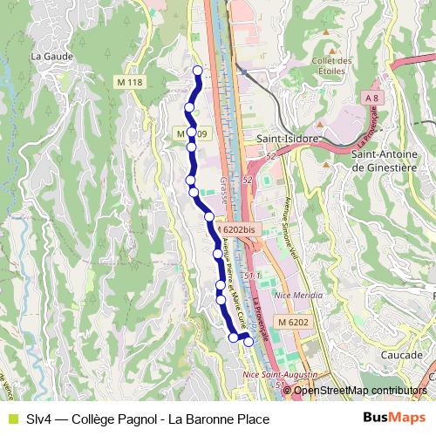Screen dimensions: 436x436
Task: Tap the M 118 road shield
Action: [128, 82]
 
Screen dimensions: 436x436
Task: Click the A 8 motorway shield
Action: [373, 99]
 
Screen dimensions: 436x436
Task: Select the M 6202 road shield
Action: [294, 322]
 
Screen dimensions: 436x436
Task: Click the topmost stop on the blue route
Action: [197, 71]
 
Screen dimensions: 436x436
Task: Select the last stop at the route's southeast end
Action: [249, 342]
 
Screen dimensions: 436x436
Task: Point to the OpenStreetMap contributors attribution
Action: [359, 391]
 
